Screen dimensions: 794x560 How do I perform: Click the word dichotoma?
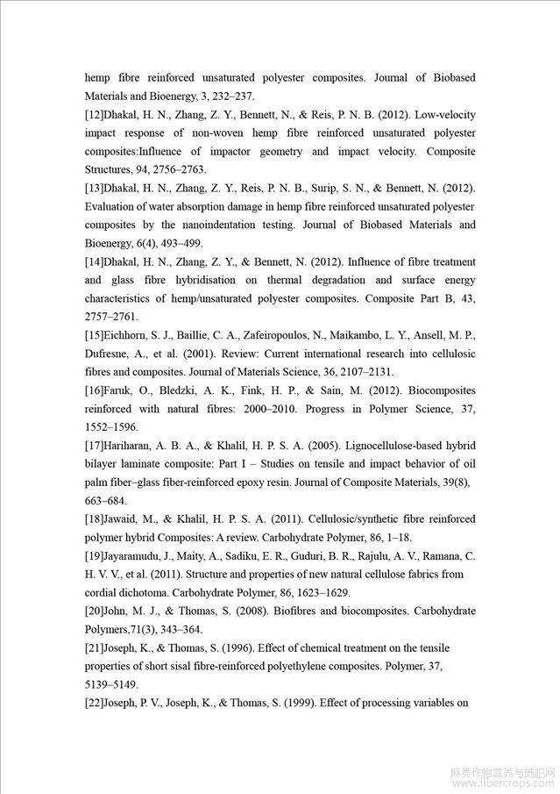click(x=150, y=593)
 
